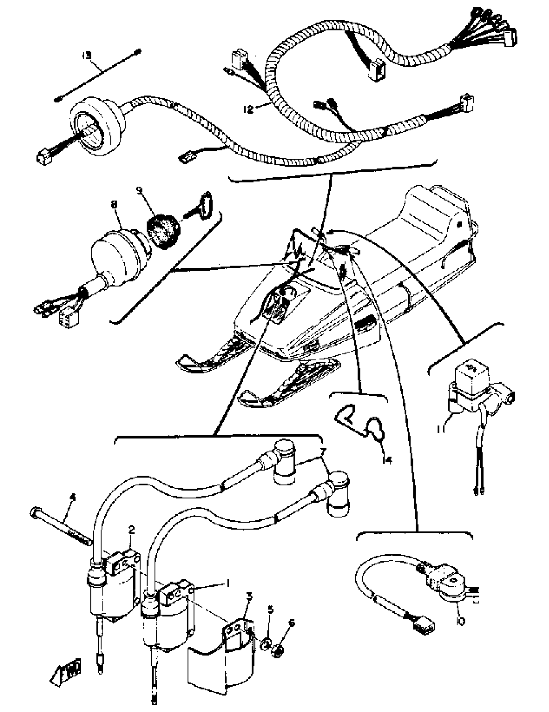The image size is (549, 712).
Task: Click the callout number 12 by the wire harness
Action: [x=248, y=109]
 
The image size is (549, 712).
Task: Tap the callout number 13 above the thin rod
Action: [x=87, y=55]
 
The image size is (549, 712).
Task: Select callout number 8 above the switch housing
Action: [x=114, y=204]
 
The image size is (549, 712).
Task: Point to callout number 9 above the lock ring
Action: [x=140, y=191]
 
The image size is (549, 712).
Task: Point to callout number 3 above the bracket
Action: [x=249, y=596]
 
